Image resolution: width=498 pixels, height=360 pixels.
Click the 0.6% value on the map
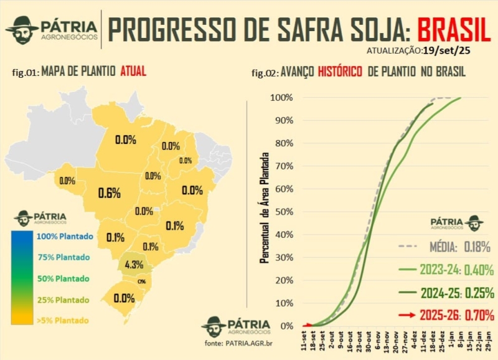pos(109,193)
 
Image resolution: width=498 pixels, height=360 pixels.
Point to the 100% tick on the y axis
pos(281,98)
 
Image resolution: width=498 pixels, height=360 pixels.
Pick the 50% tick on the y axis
pos(283,212)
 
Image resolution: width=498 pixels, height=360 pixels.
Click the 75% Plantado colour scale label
pos(63,257)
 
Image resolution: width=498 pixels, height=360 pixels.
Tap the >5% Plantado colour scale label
pos(63,321)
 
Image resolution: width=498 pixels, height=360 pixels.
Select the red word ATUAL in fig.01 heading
pos(134,71)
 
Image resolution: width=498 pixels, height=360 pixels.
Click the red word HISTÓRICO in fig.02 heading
pos(340,72)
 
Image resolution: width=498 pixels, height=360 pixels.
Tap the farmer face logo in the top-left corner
pos(22,29)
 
